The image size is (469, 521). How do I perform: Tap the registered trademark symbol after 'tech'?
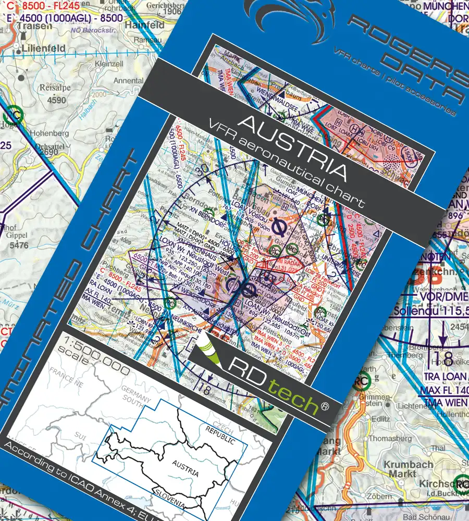(x=325, y=406)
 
